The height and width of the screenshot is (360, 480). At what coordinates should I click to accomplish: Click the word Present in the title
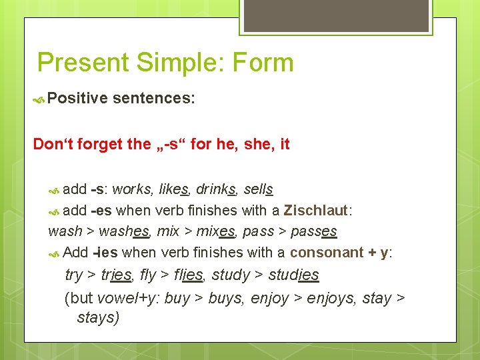click(83, 63)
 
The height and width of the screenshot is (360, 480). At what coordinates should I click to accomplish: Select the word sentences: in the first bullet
click(154, 99)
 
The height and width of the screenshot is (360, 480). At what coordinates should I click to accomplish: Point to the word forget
click(99, 144)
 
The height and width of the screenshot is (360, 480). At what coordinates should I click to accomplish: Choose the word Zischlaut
click(315, 211)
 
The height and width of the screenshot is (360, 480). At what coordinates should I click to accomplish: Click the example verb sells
click(259, 189)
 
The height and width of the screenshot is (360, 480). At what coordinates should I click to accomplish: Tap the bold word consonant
click(325, 253)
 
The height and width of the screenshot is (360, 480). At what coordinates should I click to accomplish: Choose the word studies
click(293, 275)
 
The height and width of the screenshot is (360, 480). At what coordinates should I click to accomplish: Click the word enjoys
click(331, 297)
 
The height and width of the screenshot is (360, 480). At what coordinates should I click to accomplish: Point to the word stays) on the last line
click(98, 317)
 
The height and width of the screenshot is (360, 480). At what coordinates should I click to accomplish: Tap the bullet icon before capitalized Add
click(55, 253)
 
